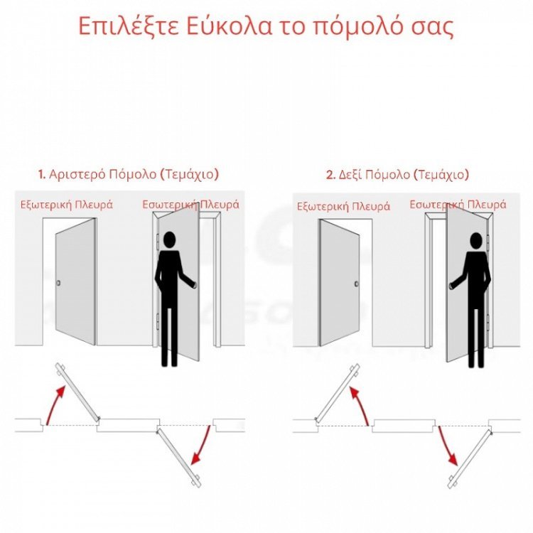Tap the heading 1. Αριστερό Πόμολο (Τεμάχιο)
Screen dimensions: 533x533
(x=129, y=174)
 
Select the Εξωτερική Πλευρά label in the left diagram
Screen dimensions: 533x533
(x=66, y=205)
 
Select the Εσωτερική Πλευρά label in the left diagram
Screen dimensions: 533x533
(x=190, y=205)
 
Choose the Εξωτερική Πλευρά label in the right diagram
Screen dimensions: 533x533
(x=343, y=207)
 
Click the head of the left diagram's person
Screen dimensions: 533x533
(x=168, y=240)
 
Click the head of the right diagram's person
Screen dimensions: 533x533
(x=475, y=241)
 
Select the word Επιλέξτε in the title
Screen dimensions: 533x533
(x=122, y=26)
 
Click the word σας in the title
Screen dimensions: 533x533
(x=431, y=26)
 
